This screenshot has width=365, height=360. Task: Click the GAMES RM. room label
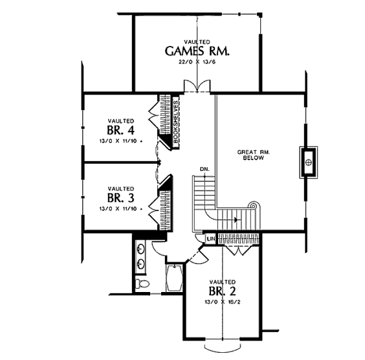pos(197,51)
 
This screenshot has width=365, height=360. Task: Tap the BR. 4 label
pos(121,130)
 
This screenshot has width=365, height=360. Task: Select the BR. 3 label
pos(121,198)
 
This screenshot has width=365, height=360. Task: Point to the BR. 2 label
pos(223,291)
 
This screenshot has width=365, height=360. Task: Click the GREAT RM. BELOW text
pos(254,155)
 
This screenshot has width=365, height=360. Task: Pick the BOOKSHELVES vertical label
pos(176,122)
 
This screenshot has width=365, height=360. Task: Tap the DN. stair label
pos(205,169)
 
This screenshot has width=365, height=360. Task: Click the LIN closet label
pos(212,239)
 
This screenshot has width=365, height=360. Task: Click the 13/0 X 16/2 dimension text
pos(223,302)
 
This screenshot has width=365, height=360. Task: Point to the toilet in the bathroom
pos(142,284)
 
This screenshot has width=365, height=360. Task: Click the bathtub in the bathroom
pos(175,278)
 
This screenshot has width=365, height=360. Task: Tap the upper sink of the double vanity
pos(141,249)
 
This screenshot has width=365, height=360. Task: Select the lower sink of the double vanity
pos(141,264)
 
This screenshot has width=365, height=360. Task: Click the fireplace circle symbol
pos(309,162)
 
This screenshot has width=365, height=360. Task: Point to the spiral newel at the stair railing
pos(252,206)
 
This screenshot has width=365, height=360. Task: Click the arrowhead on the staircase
pos(236,219)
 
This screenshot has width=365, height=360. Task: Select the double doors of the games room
pos(197,86)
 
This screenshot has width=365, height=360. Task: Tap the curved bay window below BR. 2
pos(223,346)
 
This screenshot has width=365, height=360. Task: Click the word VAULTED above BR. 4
pos(121,121)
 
